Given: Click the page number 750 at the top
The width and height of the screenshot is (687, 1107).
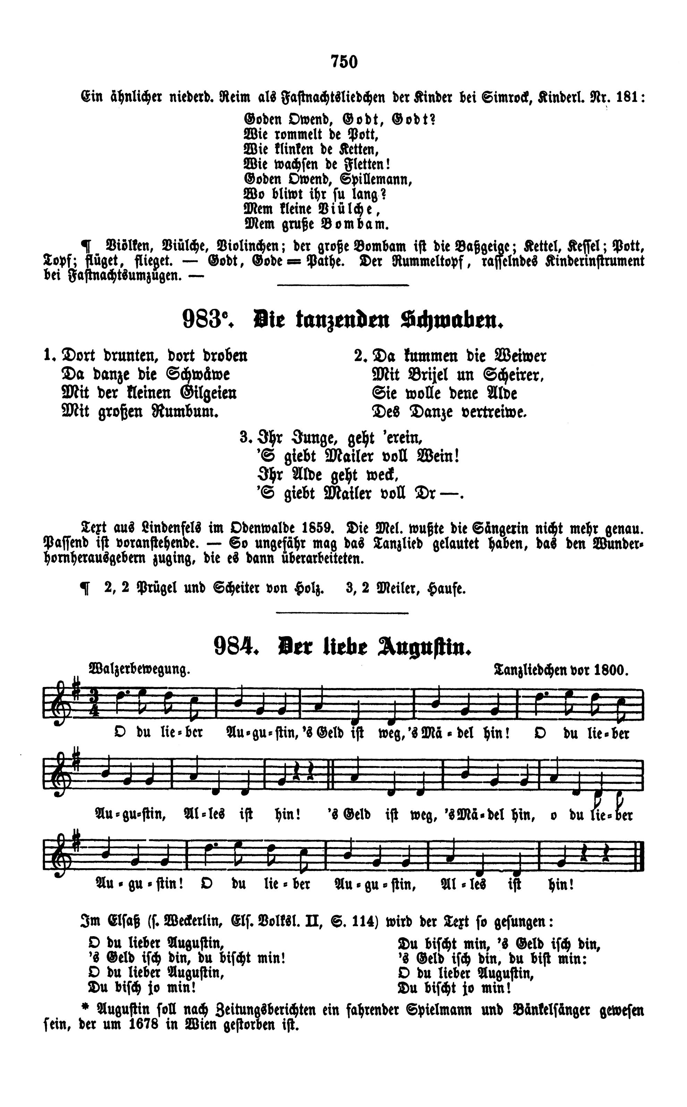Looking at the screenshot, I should point(344,61).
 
